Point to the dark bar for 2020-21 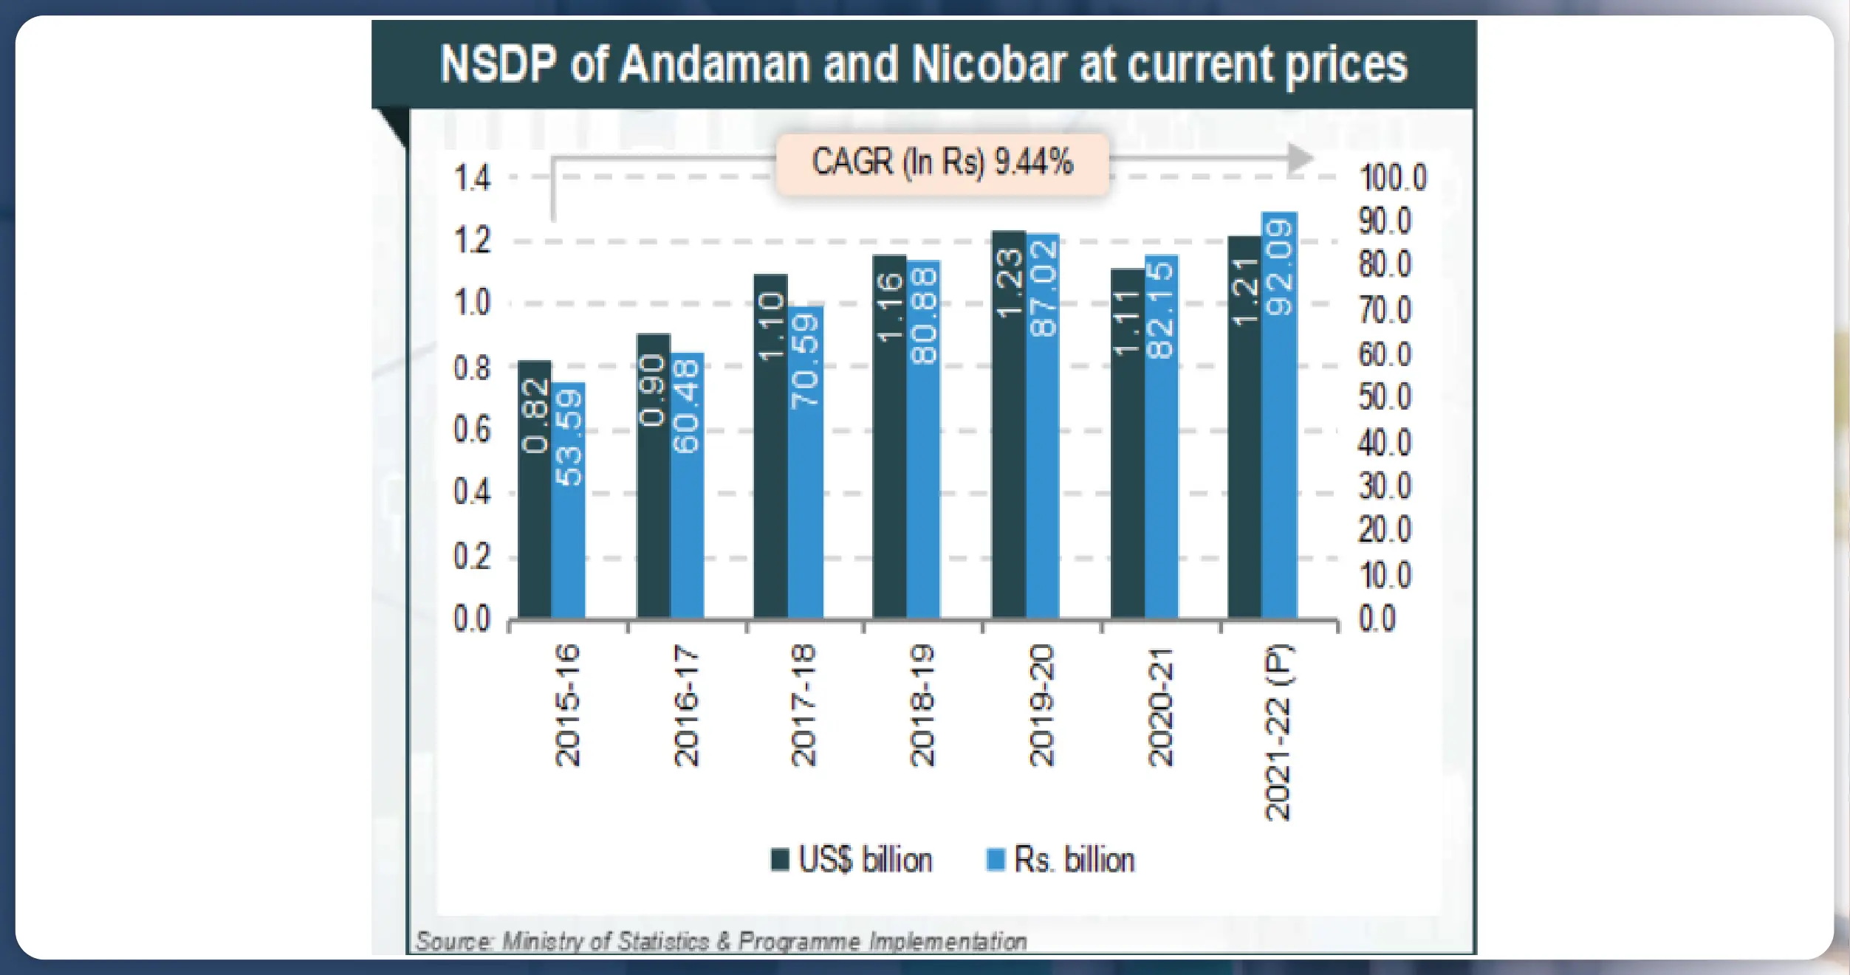[1127, 443]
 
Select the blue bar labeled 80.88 [923, 439]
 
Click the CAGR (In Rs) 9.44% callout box [942, 163]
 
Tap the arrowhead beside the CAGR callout [1300, 158]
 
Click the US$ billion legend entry [852, 860]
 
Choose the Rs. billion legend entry [1061, 860]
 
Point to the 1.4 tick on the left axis [471, 179]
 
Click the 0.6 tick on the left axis [471, 430]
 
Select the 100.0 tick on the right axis [1393, 179]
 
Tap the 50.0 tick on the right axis [1385, 398]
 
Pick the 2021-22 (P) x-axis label [1278, 732]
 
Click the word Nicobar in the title [990, 64]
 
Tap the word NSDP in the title [498, 64]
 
